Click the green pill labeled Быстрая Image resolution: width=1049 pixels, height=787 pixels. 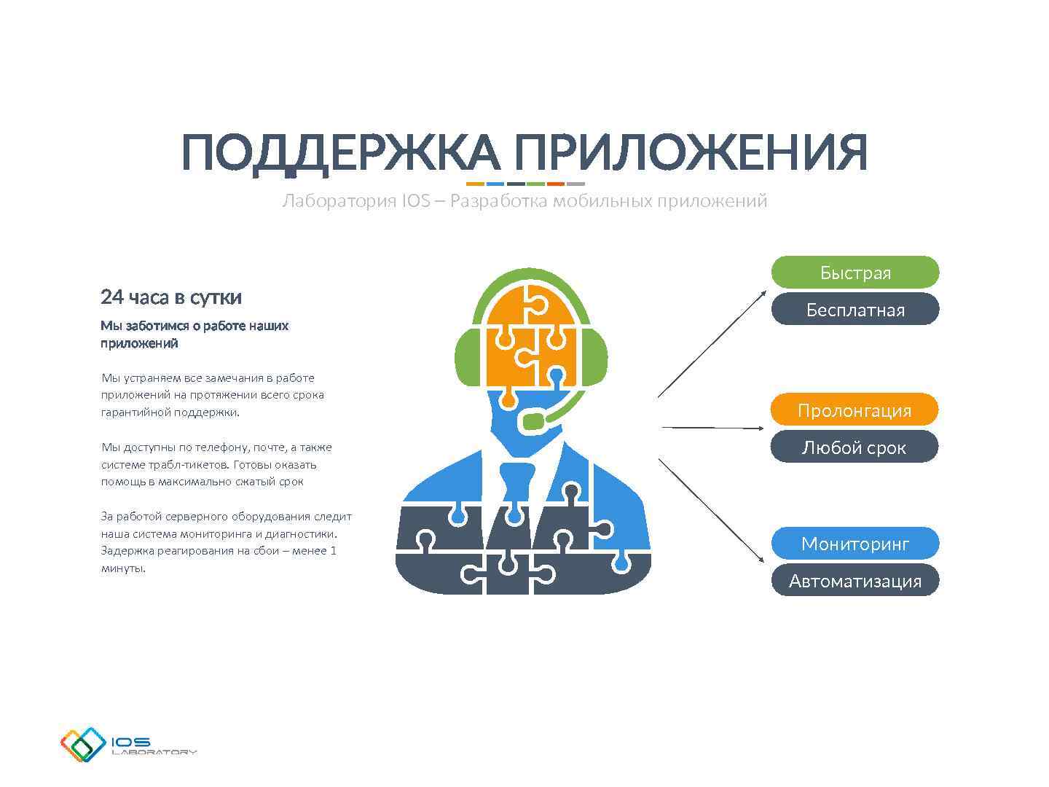(x=854, y=272)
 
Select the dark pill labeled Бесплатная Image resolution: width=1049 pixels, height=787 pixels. (x=854, y=309)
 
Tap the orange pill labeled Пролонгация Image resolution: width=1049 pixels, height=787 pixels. (x=854, y=410)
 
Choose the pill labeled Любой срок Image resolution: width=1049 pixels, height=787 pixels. (x=854, y=447)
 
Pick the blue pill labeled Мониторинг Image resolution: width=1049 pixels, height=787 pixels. (x=854, y=544)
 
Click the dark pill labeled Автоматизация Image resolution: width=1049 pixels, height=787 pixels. (x=854, y=581)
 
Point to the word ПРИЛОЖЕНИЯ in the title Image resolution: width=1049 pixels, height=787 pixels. (x=691, y=153)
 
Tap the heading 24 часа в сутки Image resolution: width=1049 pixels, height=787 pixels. (x=171, y=297)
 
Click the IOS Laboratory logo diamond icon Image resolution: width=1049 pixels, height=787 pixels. (x=83, y=745)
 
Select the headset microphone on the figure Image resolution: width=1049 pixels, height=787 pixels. (x=533, y=421)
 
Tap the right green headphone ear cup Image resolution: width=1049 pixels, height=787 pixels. (x=596, y=357)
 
